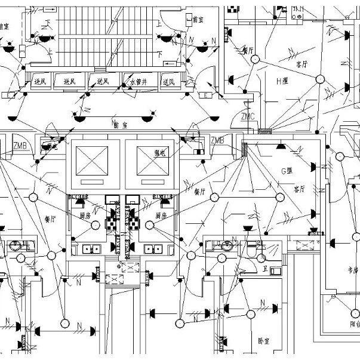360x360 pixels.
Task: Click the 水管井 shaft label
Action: [139, 81]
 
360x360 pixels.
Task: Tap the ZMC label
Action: [248, 116]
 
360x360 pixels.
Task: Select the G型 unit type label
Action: [289, 171]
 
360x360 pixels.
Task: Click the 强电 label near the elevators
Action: [159, 153]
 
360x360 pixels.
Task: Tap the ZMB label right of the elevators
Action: [217, 140]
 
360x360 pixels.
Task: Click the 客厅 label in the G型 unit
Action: [299, 189]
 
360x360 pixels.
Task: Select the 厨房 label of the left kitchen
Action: [85, 215]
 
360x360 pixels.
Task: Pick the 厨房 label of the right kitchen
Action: [160, 215]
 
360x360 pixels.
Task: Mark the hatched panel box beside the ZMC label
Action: [263, 130]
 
